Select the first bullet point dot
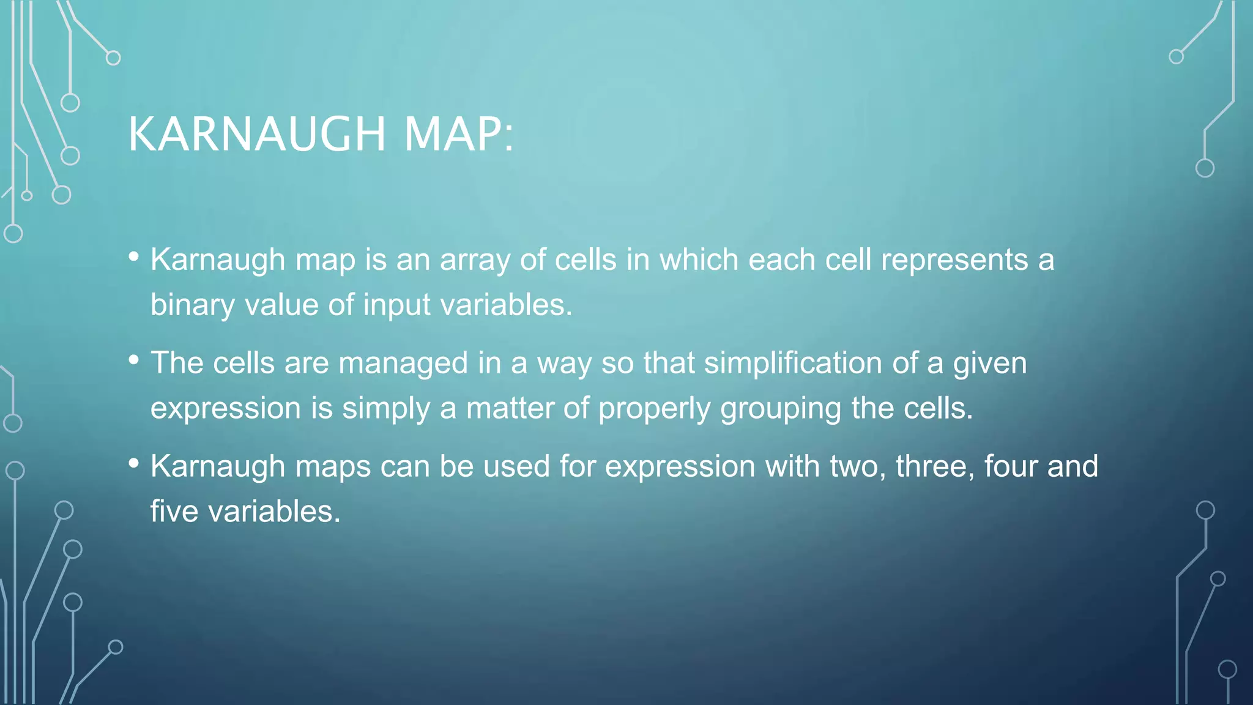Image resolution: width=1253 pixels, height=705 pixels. [134, 257]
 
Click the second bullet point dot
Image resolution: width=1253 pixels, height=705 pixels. [134, 360]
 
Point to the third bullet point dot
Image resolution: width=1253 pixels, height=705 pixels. [134, 463]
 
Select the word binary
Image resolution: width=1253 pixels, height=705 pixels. [193, 305]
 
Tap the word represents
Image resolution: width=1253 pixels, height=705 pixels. [954, 260]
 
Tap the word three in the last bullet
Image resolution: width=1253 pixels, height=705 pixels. [935, 466]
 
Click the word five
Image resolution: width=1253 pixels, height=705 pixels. [174, 512]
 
